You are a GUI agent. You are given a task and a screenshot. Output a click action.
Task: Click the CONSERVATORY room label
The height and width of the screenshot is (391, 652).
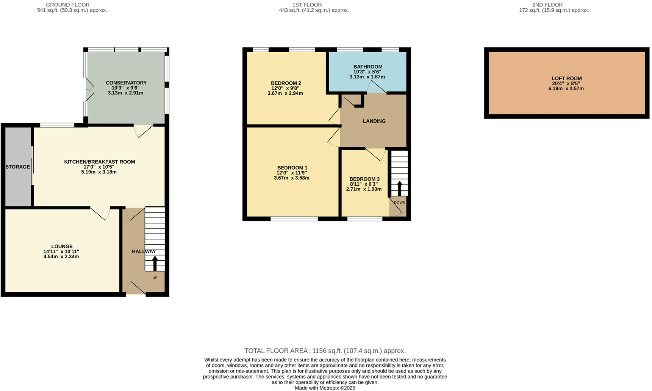coord(126,83)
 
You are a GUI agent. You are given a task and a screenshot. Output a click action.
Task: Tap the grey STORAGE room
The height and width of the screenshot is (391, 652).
coord(17,167)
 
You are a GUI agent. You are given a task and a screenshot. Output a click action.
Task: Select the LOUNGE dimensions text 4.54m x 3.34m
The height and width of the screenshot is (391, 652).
coord(61,256)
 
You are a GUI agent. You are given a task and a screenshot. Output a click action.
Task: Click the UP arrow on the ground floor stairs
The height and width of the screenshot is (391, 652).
coord(155,264)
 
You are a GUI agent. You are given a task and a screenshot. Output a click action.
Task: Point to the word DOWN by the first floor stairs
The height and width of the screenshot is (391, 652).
coord(399,203)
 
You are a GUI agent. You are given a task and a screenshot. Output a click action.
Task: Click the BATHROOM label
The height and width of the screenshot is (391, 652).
coord(367,67)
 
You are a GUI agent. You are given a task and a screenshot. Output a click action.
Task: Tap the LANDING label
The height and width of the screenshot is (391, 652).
coord(374,121)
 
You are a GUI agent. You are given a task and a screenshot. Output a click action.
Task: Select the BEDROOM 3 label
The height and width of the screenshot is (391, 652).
coord(364,179)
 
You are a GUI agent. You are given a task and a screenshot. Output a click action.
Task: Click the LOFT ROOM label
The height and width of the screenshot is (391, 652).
coord(566,78)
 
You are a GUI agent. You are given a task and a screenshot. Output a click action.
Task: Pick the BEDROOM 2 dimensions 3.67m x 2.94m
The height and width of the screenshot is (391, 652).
coord(285,93)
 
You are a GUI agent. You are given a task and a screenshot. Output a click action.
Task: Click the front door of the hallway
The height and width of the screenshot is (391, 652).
coord(135,289)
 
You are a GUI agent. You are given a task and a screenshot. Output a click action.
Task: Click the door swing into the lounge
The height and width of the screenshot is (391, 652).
coord(100,214)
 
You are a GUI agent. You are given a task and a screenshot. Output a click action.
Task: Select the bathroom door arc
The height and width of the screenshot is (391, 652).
coord(376,88)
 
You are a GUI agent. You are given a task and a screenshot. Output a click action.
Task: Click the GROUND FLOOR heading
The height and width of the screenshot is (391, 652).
coord(67,5)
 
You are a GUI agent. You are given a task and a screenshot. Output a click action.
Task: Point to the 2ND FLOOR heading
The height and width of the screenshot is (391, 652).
coord(547,5)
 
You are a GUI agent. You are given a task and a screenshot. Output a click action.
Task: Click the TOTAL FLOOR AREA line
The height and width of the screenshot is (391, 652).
coord(325,351)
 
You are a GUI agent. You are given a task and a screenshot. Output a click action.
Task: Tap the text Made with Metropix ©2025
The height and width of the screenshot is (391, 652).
coord(325,388)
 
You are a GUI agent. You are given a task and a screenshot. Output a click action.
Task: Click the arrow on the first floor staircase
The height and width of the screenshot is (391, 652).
coord(399,188)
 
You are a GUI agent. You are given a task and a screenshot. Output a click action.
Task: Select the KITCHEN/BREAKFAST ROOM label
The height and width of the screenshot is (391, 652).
coord(99,162)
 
